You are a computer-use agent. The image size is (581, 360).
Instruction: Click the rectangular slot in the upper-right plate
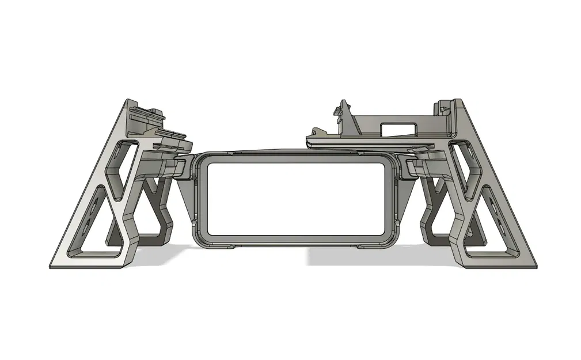(398, 127)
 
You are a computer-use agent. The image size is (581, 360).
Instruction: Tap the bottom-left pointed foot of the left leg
(53, 266)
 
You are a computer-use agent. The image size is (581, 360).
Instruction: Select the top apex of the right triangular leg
(458, 103)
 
